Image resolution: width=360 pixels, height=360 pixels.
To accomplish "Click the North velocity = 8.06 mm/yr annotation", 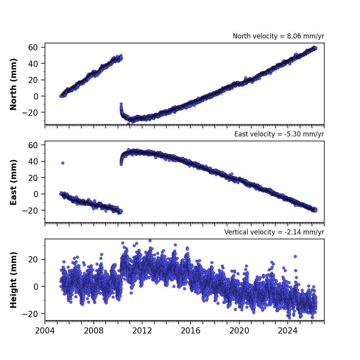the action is click(x=278, y=36).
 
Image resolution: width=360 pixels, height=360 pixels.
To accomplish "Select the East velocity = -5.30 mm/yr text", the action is click(x=279, y=134).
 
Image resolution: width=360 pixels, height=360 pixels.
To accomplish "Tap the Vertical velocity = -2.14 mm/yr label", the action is click(x=274, y=232).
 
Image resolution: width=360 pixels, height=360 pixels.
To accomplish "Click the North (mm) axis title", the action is click(x=13, y=84).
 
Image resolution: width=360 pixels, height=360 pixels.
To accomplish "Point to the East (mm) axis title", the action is click(x=13, y=182).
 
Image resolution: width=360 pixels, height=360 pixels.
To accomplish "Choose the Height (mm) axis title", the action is click(x=13, y=280).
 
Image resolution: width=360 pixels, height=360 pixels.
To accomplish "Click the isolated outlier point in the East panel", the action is click(x=63, y=163).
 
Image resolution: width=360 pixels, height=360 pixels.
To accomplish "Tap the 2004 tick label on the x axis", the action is click(x=45, y=331).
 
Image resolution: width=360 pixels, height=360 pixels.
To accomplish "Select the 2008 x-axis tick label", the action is click(x=93, y=331).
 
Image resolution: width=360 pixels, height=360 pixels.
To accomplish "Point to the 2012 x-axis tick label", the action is click(x=142, y=331).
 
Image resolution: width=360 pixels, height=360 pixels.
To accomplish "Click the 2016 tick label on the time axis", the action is click(x=191, y=331).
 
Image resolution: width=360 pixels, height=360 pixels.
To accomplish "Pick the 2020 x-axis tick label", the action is click(x=239, y=331).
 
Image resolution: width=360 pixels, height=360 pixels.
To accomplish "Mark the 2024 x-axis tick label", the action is click(x=288, y=331).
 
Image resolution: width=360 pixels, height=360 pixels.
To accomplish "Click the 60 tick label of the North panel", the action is click(x=33, y=47).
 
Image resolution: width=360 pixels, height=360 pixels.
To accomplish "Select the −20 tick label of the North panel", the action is click(x=30, y=113).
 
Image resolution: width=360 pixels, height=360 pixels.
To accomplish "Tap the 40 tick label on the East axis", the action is click(x=33, y=161).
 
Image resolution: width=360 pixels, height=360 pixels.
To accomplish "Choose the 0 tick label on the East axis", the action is click(x=36, y=194).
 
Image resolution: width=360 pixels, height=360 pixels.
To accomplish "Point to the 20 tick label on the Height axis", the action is click(x=33, y=259).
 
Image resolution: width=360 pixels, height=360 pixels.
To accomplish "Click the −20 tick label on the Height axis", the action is click(x=30, y=314).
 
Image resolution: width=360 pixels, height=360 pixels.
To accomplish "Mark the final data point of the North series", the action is click(x=315, y=48).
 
